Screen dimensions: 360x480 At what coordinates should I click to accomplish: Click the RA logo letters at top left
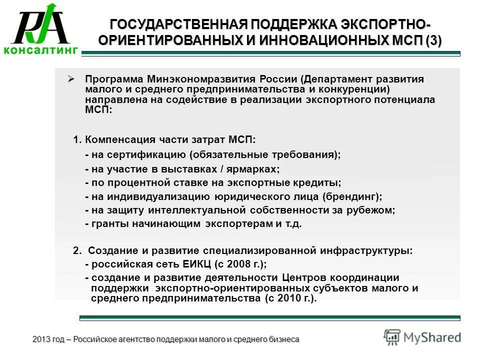(41, 25)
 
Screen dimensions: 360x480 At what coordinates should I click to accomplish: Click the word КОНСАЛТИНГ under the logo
(41, 49)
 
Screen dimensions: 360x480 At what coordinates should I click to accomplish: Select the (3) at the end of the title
(433, 40)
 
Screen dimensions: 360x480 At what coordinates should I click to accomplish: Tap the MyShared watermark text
(432, 337)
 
